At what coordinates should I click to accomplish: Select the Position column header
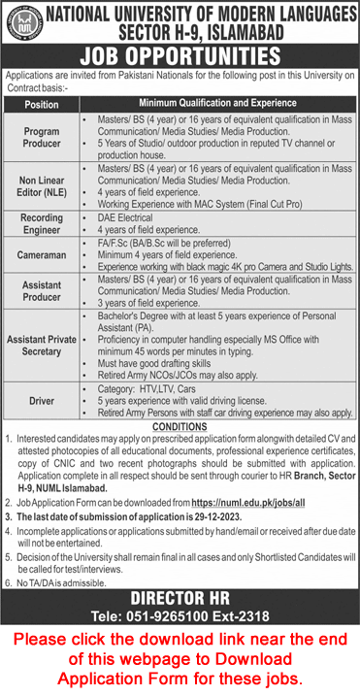(x=42, y=104)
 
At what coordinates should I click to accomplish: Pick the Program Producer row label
(x=42, y=136)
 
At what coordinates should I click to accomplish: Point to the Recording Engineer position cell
(x=42, y=225)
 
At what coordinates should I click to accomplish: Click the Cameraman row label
(x=42, y=256)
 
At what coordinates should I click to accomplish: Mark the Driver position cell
(x=42, y=400)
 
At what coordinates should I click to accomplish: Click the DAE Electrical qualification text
(x=126, y=218)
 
